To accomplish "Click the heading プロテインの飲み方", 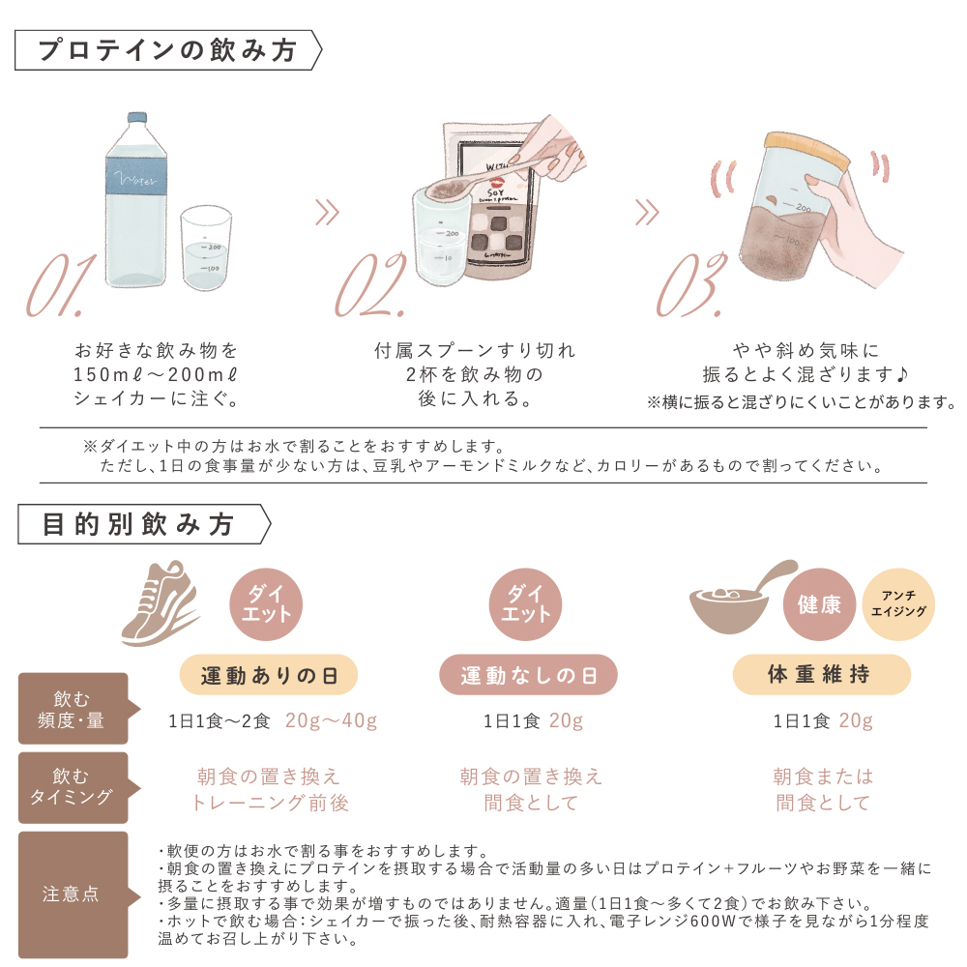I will tap(166, 51).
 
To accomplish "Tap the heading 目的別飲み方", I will tap(140, 524).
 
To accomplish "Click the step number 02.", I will tap(369, 287).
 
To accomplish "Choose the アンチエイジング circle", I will tap(898, 605).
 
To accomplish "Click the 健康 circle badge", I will tap(820, 605).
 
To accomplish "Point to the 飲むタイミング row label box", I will tap(73, 787).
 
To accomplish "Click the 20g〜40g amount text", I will tap(331, 721).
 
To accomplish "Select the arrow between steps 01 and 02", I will tap(328, 212).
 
